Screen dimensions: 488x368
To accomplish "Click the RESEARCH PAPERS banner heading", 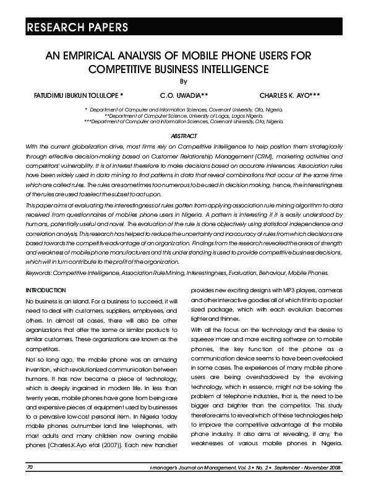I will coord(77,27).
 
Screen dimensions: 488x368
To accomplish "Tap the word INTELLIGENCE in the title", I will coord(229,69).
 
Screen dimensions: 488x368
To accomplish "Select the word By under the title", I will coord(183,82).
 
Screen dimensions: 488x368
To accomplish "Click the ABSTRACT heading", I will coord(184,136).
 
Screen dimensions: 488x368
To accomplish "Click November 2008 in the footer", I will coord(326,467).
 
